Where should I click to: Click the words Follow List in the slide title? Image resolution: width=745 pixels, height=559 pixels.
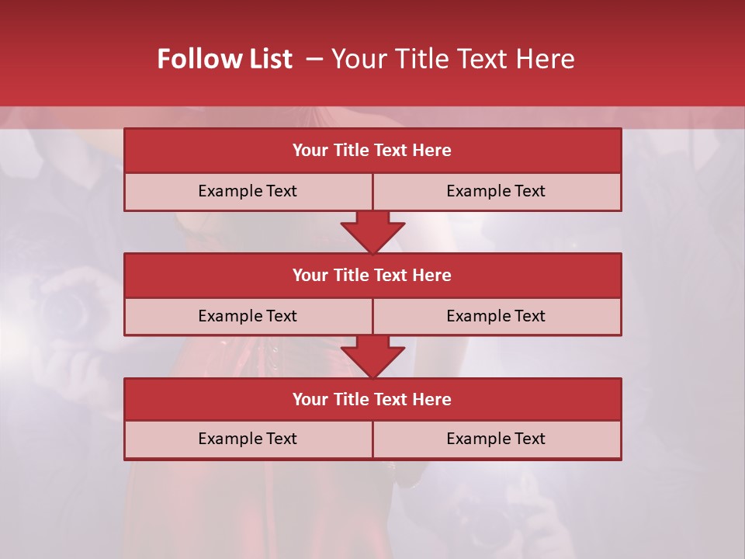click(x=225, y=59)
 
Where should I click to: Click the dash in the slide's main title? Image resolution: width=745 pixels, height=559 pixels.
click(x=314, y=59)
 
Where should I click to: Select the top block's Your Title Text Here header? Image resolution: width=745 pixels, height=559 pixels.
click(x=372, y=151)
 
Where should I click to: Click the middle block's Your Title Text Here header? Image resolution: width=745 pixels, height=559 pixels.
click(x=372, y=275)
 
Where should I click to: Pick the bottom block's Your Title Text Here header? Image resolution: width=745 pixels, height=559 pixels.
click(x=372, y=399)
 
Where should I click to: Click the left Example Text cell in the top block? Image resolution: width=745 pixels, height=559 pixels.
click(x=248, y=191)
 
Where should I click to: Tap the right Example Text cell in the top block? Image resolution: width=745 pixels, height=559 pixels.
click(x=496, y=191)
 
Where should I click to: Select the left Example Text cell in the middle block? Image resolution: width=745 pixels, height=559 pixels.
click(x=248, y=316)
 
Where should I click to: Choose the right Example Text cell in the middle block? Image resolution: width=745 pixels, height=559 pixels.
click(x=496, y=316)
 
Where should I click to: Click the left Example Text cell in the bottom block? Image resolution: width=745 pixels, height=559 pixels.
click(x=248, y=439)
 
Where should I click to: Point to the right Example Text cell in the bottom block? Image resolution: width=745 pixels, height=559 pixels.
click(x=496, y=439)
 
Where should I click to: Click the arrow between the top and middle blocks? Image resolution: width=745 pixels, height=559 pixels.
click(x=372, y=232)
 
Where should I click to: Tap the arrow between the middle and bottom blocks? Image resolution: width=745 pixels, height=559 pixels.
click(x=372, y=356)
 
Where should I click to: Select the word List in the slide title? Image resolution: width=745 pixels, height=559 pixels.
click(x=271, y=59)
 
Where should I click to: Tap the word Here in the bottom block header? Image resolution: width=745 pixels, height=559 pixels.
click(x=431, y=399)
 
